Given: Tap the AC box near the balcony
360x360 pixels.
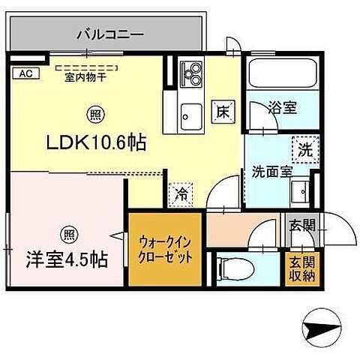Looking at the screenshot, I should [24, 73].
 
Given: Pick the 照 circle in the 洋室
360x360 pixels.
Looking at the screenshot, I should [69, 233].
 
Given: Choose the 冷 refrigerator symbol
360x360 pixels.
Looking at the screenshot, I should [181, 193].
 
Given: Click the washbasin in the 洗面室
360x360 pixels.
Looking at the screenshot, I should [301, 190].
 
